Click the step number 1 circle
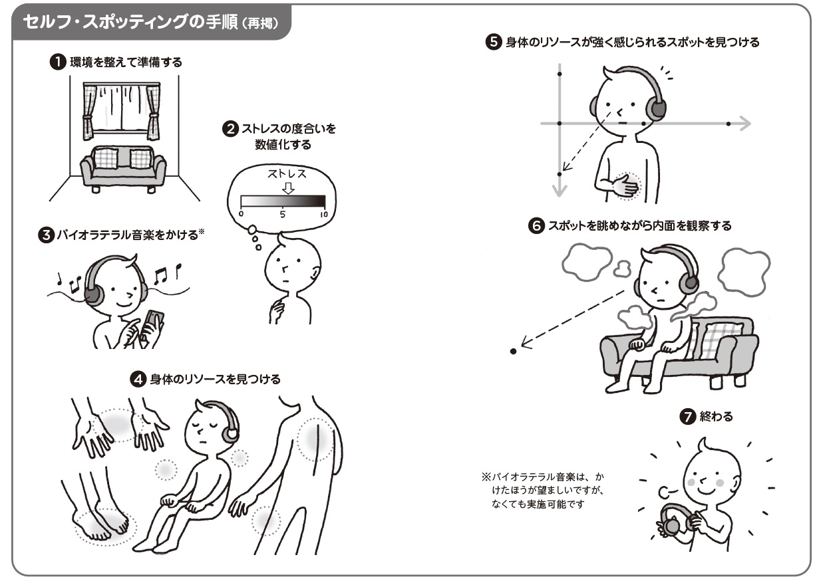coord(58,62)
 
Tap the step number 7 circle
coord(687,416)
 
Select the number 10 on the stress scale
coord(324,214)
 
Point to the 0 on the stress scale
coord(241,213)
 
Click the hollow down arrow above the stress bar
coord(288,188)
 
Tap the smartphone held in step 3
coord(154,324)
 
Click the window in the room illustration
coord(122,111)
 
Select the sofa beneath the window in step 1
coord(123,168)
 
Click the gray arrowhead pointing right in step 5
coord(744,124)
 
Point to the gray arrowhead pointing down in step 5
coord(560,190)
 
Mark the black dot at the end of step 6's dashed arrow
coord(513,351)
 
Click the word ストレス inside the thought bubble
coord(287,174)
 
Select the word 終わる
coord(716,416)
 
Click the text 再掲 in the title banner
coord(260,23)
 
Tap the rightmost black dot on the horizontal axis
coord(729,124)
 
